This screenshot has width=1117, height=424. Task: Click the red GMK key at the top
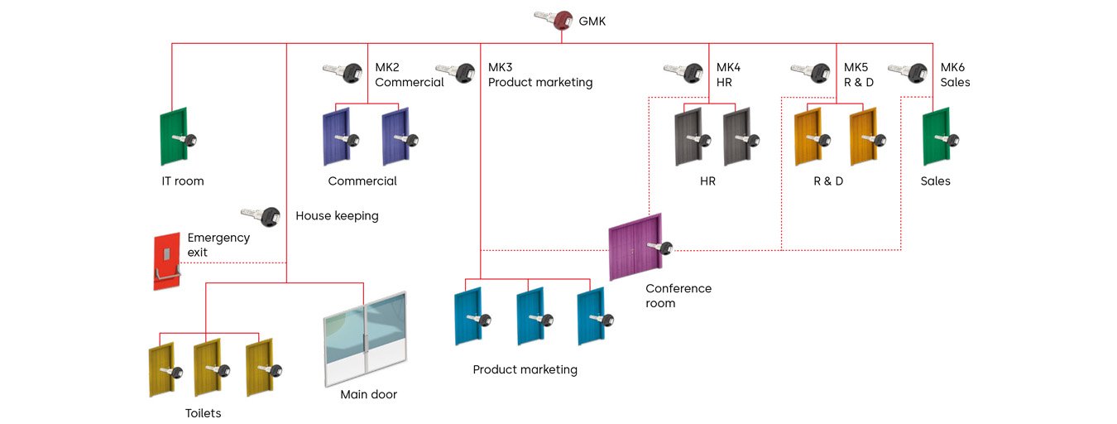554,19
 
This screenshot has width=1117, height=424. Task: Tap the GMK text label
592,21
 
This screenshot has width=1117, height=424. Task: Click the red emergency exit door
166,261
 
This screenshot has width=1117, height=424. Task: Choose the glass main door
366,340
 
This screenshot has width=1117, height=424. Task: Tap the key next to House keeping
261,216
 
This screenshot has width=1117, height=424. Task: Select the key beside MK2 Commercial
343,73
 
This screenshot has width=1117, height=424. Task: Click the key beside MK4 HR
683,73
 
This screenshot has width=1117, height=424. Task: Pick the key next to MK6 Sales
908,73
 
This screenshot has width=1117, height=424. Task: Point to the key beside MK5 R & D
810,73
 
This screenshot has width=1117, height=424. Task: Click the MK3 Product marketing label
540,75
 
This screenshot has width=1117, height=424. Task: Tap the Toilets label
203,413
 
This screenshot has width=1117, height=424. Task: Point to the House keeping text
337,216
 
